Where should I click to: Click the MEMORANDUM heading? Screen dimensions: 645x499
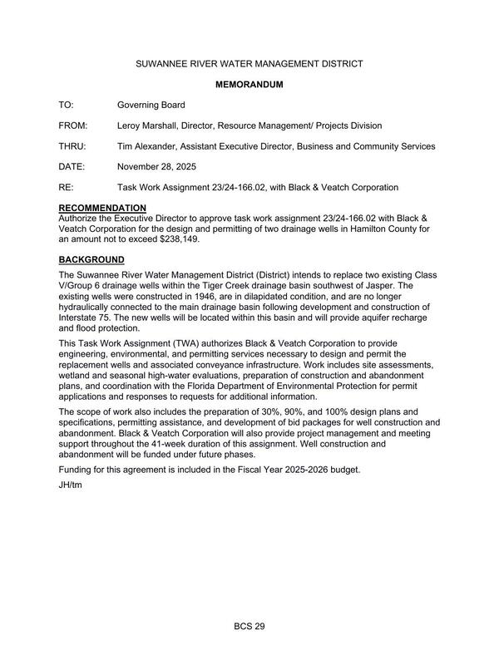tap(249, 85)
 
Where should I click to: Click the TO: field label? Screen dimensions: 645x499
tap(67, 106)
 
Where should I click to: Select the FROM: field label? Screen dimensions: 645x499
tap(73, 126)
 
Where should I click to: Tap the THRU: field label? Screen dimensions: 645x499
tap(73, 147)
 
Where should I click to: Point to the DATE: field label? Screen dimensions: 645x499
tap(72, 168)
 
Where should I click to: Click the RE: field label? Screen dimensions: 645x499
tap(67, 189)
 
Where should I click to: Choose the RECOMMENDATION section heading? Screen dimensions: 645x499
tap(102, 208)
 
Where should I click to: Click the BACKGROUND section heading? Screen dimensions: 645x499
tap(91, 259)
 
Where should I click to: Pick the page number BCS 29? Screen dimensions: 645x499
tap(249, 626)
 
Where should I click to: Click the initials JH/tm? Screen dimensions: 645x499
tap(72, 485)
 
